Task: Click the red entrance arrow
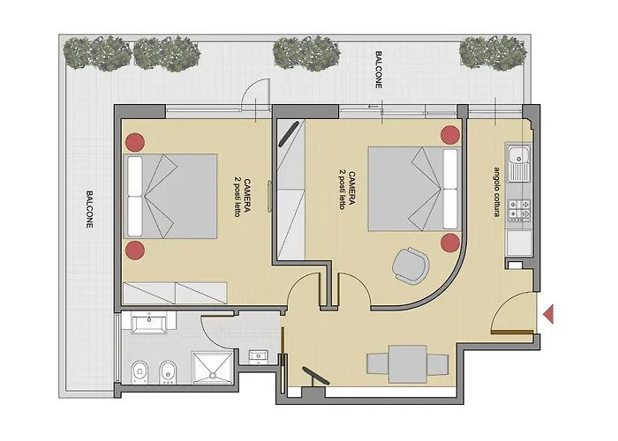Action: coord(548,314)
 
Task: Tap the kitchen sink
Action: coord(519,163)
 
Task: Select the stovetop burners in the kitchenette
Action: coord(519,209)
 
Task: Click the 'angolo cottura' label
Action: coord(496,191)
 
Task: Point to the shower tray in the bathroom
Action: coord(213,368)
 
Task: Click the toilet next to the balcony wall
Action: coord(139,372)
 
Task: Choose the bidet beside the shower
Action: coord(168,372)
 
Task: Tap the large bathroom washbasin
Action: coord(149,323)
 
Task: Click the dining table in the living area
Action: coord(408,364)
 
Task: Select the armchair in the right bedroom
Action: coord(411,265)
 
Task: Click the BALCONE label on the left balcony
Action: coord(89,210)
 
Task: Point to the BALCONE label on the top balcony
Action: coord(379,70)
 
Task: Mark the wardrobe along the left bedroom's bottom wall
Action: coord(175,293)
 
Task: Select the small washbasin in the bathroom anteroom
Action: coord(259,356)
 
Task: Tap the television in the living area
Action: coord(315,377)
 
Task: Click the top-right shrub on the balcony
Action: coord(493,53)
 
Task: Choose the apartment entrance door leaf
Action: coord(512,333)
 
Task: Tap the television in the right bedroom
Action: coord(289,134)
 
